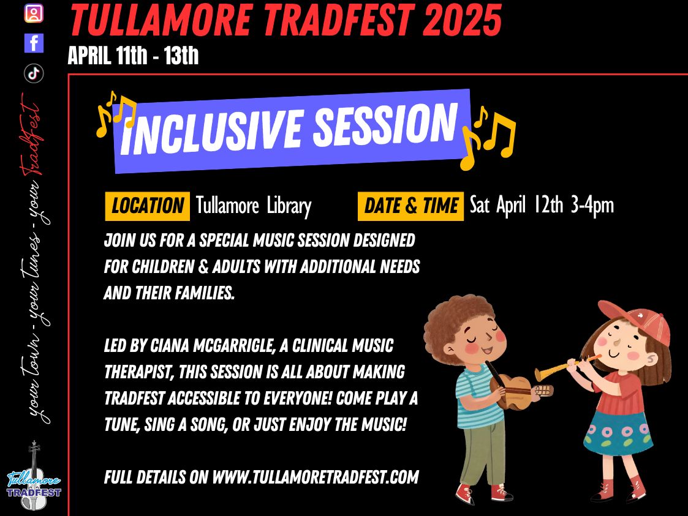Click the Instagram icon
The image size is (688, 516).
tap(34, 13)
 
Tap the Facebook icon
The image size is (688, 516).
tap(34, 43)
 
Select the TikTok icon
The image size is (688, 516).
tap(34, 73)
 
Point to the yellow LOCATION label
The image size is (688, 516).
tap(148, 206)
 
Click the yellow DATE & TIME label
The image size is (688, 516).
tap(410, 206)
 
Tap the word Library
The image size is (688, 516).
tap(289, 206)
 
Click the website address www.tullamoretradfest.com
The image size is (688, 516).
tap(316, 477)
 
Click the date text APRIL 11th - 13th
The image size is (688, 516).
tap(133, 56)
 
